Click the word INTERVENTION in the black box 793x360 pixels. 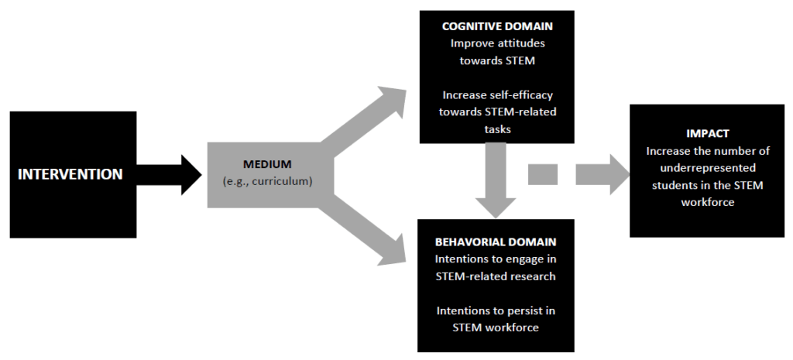click(70, 174)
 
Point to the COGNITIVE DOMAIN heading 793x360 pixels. click(497, 26)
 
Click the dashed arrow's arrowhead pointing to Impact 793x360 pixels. click(609, 174)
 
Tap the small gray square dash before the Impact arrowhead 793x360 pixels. click(543, 174)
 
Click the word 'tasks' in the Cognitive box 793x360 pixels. click(496, 129)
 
